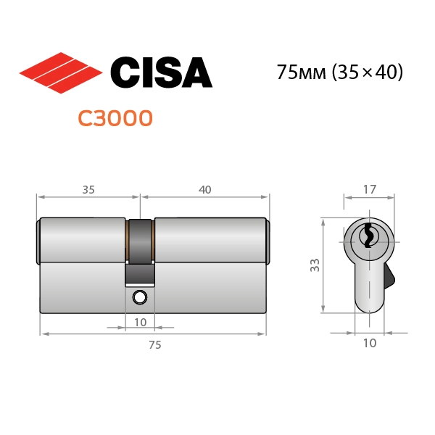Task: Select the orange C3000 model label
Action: point(115,117)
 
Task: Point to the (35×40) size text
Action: point(368,72)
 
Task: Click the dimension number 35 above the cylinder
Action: point(88,190)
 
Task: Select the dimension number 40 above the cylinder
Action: point(204,190)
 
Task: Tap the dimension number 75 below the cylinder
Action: point(154,345)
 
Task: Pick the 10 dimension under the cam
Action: point(140,321)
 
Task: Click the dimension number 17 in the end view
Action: point(369,190)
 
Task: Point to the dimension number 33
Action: point(315,265)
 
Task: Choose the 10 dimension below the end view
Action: point(369,344)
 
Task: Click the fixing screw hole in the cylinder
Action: point(140,297)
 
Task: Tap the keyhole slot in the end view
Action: point(369,236)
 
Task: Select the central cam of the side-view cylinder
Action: point(140,250)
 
